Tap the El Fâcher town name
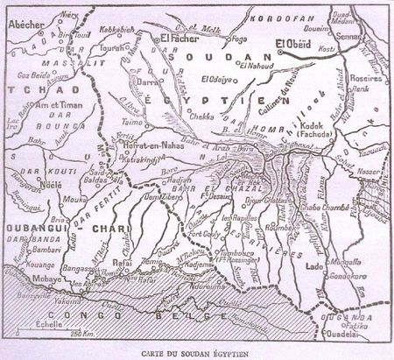(x=172, y=40)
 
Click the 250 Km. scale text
(x=83, y=334)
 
